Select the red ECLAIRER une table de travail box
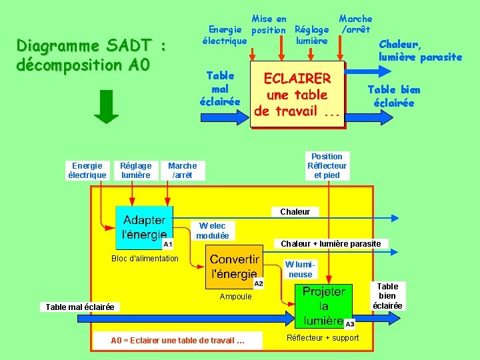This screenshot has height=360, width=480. (297, 95)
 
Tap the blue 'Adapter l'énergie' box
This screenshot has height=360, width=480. (144, 228)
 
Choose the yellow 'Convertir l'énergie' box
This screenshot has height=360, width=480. (234, 267)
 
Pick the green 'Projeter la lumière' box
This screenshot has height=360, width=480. (324, 306)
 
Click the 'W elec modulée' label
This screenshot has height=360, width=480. (213, 231)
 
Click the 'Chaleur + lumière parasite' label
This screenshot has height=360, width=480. (331, 243)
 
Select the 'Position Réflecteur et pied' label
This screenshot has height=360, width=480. (327, 165)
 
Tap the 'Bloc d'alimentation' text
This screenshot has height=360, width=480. (145, 258)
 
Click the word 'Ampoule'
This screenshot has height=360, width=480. (236, 297)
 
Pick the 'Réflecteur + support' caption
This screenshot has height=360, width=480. (323, 338)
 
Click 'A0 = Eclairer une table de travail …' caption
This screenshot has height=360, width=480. (177, 341)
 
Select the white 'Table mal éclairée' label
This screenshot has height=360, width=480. (80, 307)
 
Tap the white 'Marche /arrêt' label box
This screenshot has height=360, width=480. (182, 170)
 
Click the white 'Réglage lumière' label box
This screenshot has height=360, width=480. (136, 170)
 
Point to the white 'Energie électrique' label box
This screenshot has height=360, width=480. (87, 170)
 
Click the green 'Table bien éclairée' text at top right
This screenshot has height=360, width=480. (394, 96)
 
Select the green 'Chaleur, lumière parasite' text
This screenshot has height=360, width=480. (420, 51)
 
